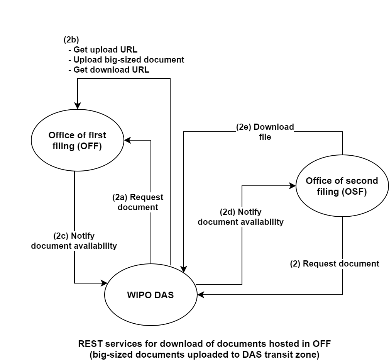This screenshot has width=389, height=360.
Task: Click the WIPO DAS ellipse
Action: (x=151, y=295)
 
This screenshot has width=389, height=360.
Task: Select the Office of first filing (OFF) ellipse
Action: (x=77, y=141)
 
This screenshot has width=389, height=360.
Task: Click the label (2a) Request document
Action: (x=138, y=202)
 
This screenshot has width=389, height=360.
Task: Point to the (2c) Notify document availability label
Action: (x=74, y=241)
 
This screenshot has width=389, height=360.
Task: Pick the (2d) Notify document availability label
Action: (x=240, y=217)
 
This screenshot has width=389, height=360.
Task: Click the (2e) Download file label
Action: (x=265, y=132)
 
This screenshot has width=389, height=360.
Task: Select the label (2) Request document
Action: (x=335, y=264)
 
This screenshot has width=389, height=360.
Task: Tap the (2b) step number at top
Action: (x=71, y=39)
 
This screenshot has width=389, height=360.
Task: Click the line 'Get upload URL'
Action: (x=105, y=50)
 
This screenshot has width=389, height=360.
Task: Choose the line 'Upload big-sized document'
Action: (x=129, y=60)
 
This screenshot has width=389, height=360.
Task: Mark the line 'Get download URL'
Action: (x=111, y=70)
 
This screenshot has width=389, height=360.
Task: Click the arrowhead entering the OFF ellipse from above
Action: (x=78, y=106)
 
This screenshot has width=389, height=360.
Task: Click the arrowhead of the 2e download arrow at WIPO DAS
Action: (x=184, y=270)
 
